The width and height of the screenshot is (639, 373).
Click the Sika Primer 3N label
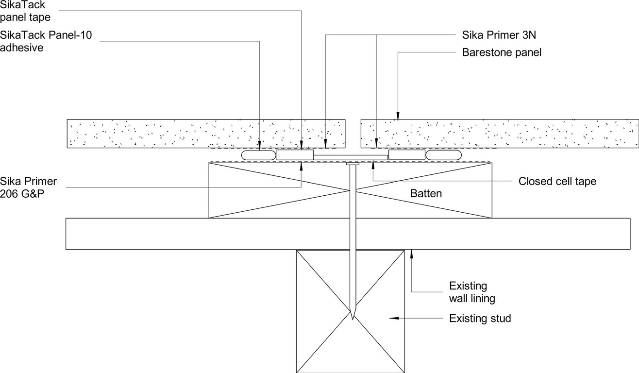(499, 35)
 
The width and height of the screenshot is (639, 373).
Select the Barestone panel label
(502, 52)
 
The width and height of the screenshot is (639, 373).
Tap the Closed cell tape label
(557, 182)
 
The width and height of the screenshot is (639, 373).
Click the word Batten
(426, 193)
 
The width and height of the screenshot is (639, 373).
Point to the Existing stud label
(480, 318)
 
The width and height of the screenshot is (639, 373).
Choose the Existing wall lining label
(472, 292)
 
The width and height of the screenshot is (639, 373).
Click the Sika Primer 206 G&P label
(28, 187)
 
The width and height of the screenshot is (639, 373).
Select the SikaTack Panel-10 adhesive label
(46, 41)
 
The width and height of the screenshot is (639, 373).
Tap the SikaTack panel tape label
(25, 11)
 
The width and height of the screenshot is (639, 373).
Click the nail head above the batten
(353, 164)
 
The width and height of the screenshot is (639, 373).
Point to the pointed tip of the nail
(353, 320)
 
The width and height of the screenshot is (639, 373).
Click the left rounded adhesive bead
(258, 155)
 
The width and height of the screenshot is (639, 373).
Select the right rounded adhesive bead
(444, 155)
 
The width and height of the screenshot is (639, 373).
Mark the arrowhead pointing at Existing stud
(394, 318)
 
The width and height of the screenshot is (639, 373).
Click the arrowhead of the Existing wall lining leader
(411, 254)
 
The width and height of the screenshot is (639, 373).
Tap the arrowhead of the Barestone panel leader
(398, 115)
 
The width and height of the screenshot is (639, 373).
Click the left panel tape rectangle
(295, 154)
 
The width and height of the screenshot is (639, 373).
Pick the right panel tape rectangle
(407, 154)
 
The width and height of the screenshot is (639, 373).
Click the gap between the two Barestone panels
(353, 134)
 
